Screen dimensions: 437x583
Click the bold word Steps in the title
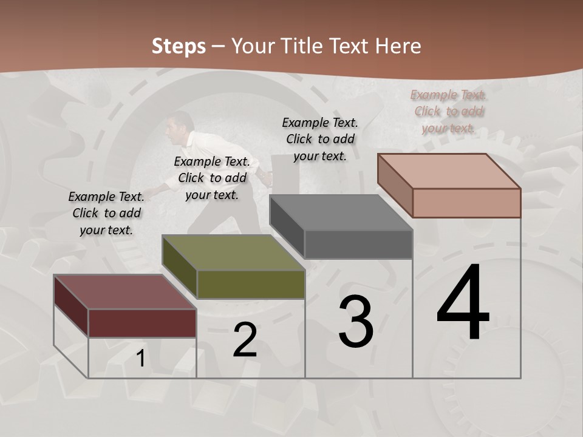click(179, 46)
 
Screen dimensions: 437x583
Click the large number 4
click(463, 303)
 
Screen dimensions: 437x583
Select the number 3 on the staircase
click(356, 322)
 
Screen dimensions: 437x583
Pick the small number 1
click(140, 359)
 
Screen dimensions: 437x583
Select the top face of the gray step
click(341, 212)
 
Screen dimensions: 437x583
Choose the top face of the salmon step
click(449, 171)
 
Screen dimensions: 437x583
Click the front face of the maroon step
click(142, 323)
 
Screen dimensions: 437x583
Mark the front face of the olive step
click(251, 284)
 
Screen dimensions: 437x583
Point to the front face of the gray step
click(358, 245)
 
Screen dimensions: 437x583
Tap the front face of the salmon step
click(466, 203)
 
